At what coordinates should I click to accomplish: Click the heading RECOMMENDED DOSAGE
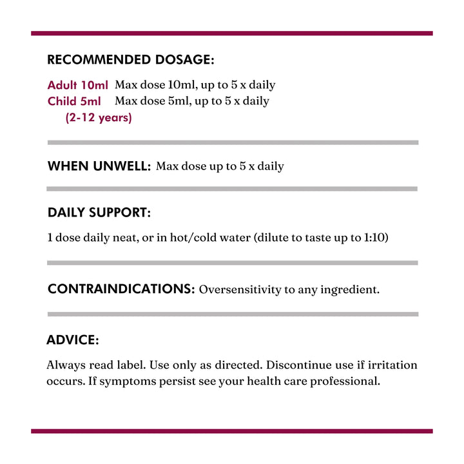click(130, 61)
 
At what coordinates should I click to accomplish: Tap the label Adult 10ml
click(78, 85)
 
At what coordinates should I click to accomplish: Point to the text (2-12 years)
click(99, 118)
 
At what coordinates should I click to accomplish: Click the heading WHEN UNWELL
click(99, 166)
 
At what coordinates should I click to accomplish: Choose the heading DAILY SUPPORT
click(99, 213)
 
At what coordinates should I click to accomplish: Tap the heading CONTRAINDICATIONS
click(121, 289)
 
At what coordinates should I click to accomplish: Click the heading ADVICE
click(72, 340)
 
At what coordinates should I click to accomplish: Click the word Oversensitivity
click(240, 290)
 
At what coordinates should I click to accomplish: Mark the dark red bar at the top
click(232, 33)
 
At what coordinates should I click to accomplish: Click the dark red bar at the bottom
click(232, 430)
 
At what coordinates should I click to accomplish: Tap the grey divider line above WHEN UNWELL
click(232, 142)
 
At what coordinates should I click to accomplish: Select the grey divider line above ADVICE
click(232, 314)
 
